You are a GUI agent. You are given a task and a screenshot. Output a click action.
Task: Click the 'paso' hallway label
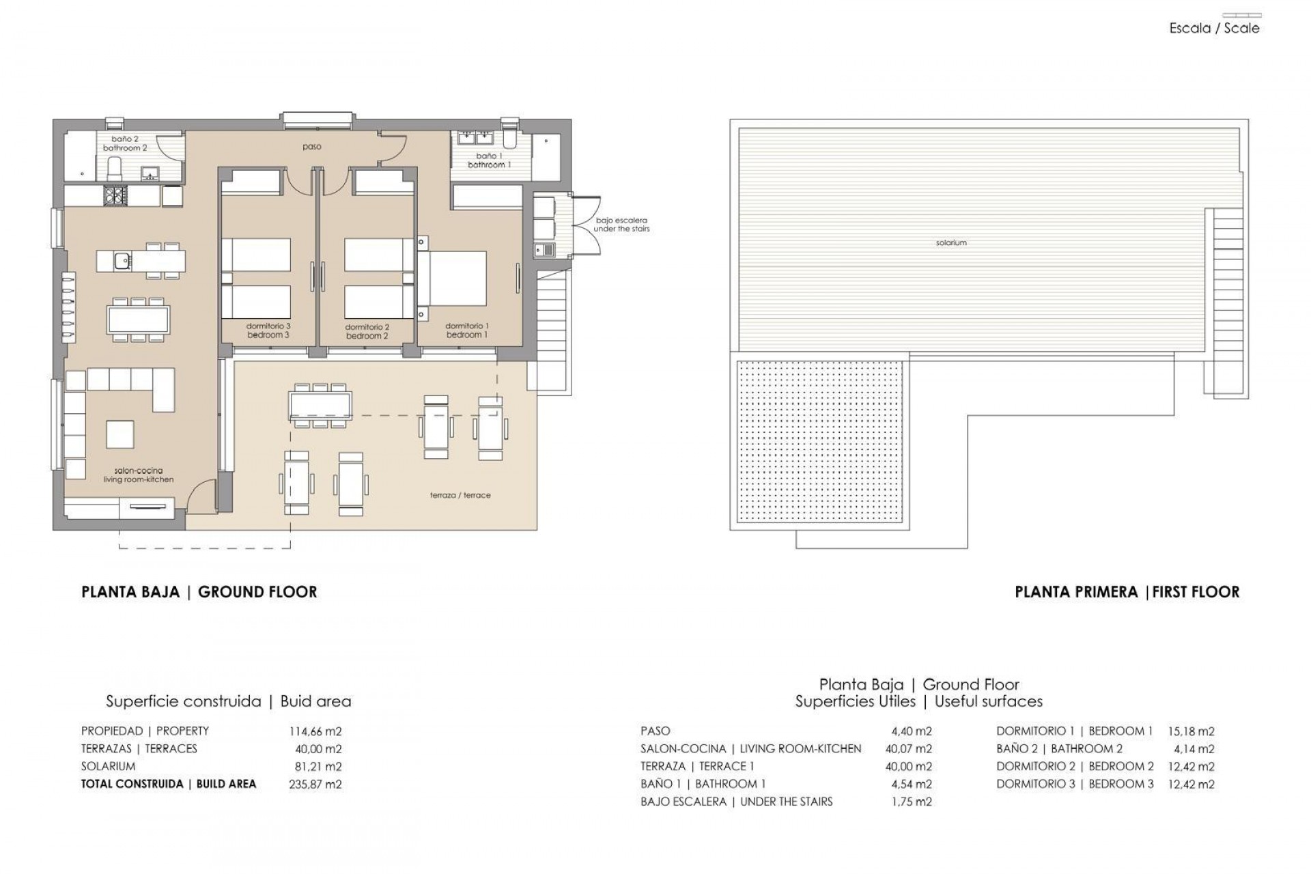tap(312, 147)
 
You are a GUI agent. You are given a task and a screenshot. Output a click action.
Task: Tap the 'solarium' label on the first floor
tap(951, 243)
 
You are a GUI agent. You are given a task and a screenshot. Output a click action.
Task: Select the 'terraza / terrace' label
tap(460, 495)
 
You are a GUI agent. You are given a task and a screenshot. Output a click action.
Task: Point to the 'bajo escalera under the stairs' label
tap(621, 225)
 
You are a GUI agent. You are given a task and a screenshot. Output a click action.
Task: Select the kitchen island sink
tap(122, 260)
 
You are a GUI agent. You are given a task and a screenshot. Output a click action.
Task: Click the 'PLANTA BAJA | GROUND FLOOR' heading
tap(199, 592)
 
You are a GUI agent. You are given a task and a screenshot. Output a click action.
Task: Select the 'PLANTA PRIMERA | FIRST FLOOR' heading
tap(1127, 592)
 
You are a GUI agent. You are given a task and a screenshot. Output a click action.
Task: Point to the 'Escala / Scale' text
tap(1214, 29)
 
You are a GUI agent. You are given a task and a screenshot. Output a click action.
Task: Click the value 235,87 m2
tap(315, 784)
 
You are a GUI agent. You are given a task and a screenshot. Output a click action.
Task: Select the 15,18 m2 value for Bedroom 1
tap(1192, 731)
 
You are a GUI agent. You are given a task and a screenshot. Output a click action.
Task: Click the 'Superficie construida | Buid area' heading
tap(228, 701)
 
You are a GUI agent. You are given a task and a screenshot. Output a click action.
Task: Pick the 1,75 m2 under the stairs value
tap(912, 802)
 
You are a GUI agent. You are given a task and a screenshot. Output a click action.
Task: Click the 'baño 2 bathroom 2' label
tap(125, 143)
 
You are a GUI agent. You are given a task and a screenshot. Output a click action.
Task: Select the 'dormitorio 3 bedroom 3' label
tap(268, 330)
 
